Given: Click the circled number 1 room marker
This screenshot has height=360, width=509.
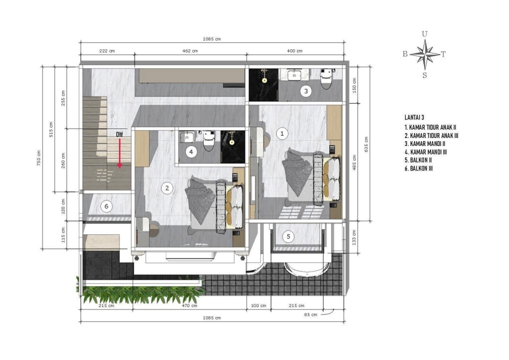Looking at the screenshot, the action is coord(282,133).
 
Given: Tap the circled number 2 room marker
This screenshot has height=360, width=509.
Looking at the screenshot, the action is coord(167,188).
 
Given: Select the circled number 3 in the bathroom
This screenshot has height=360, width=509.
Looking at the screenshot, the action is coord(306,91).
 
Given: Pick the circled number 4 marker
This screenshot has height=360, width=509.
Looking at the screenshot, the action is coord(191,151).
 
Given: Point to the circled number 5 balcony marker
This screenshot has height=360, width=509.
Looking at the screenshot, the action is coord(288,236).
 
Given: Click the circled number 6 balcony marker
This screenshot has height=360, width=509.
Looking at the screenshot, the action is coord(106,206).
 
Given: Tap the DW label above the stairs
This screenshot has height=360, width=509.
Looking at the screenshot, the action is coord(119,134).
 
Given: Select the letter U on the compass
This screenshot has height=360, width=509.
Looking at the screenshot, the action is coord(424,34).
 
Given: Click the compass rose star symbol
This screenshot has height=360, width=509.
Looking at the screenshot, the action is coord(424,54).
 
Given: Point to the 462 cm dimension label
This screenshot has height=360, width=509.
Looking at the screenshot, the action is coord(190,50).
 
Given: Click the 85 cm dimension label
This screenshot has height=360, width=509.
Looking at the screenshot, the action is coord(310,314).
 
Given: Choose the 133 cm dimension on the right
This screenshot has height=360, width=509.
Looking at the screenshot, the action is coord(354,237).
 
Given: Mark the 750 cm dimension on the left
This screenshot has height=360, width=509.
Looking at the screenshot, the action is coord(38,158).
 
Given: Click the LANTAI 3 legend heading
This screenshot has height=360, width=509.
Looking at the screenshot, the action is coord(414,117).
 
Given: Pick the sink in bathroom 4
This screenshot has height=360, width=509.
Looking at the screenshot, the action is coord(186,137).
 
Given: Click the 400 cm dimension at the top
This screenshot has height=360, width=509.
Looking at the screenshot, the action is coord(295,50).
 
